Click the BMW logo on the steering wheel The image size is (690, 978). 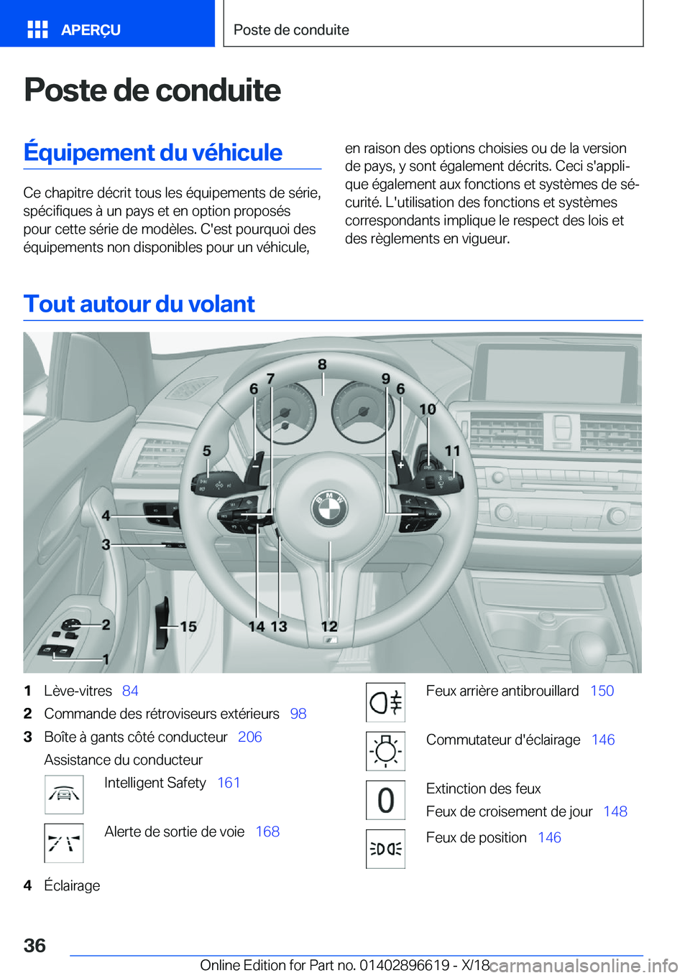pos(329,508)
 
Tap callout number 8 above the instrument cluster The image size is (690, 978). pos(322,365)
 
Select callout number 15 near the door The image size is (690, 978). pos(188,627)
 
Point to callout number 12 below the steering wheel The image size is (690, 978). pos(329,627)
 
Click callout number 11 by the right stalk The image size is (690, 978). pos(452,451)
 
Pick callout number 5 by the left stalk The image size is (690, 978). pos(207,451)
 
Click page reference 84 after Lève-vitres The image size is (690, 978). pos(130,691)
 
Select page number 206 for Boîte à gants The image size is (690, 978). pos(249,737)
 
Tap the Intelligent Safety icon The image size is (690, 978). pos(64,794)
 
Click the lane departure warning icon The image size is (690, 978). pos(64,843)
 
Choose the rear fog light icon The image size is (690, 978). pos(386,702)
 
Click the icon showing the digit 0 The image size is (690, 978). pos(386,800)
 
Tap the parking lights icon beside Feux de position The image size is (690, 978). pos(386,849)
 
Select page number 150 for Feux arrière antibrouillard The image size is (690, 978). pos(602,691)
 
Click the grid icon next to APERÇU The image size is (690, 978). pos(37,29)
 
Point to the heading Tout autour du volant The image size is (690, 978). pos(139,304)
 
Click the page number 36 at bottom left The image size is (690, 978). pos(34,945)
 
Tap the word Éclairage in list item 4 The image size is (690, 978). pos(72,885)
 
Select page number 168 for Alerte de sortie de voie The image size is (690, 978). pos(267,832)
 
